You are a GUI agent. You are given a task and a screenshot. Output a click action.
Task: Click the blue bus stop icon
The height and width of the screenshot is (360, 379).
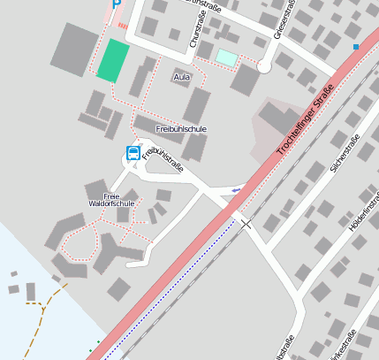click(x=133, y=154)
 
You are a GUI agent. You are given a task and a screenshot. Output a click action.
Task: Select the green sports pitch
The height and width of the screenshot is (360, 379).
click(x=113, y=61)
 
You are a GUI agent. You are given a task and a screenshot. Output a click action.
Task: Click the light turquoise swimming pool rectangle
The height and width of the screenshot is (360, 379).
click(x=227, y=58)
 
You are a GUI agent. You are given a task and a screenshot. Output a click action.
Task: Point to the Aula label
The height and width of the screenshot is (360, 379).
click(x=182, y=77)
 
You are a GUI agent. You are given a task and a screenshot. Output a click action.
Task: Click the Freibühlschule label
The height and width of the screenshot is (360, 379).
click(x=180, y=129)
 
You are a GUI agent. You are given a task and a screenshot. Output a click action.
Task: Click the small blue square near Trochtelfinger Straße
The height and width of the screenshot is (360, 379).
click(x=356, y=46)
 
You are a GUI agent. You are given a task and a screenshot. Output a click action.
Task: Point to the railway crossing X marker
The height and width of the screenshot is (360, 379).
click(x=246, y=225)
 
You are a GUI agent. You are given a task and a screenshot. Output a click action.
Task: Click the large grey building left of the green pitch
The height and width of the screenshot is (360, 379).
click(x=75, y=49)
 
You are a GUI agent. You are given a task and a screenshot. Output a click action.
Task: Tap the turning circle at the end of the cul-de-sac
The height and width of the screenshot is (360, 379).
click(x=263, y=65)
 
